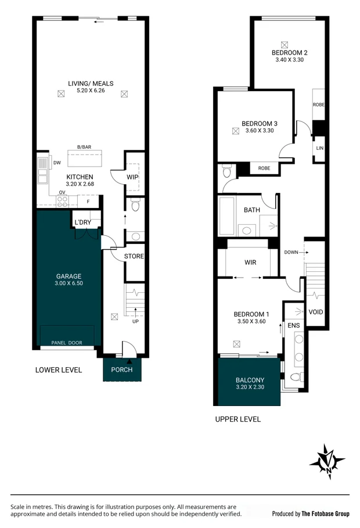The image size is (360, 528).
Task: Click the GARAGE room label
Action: (x=69, y=276)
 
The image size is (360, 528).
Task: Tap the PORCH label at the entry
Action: (x=121, y=370)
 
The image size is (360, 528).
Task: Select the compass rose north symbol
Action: (x=327, y=462)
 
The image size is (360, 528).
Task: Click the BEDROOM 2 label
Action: (x=289, y=52)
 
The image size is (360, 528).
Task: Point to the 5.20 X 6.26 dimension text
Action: (x=91, y=90)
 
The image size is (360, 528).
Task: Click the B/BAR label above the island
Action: (x=84, y=147)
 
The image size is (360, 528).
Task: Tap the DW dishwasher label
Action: (x=57, y=163)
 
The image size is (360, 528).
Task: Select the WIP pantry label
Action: (x=132, y=177)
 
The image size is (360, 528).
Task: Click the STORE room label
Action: (x=134, y=256)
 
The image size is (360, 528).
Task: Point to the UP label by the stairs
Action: (x=135, y=321)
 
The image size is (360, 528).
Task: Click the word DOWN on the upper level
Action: (x=291, y=252)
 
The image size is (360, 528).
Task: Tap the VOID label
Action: (x=316, y=312)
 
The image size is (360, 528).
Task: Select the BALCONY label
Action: (x=250, y=380)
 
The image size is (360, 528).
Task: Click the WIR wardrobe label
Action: (x=250, y=263)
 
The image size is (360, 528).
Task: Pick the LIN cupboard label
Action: (x=320, y=148)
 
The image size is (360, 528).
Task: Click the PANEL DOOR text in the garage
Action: (x=67, y=343)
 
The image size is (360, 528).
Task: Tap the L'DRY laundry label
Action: (x=83, y=222)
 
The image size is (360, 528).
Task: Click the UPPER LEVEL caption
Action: (x=237, y=419)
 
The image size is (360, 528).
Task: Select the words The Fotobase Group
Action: (x=325, y=513)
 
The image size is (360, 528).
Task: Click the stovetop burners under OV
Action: (x=62, y=202)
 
